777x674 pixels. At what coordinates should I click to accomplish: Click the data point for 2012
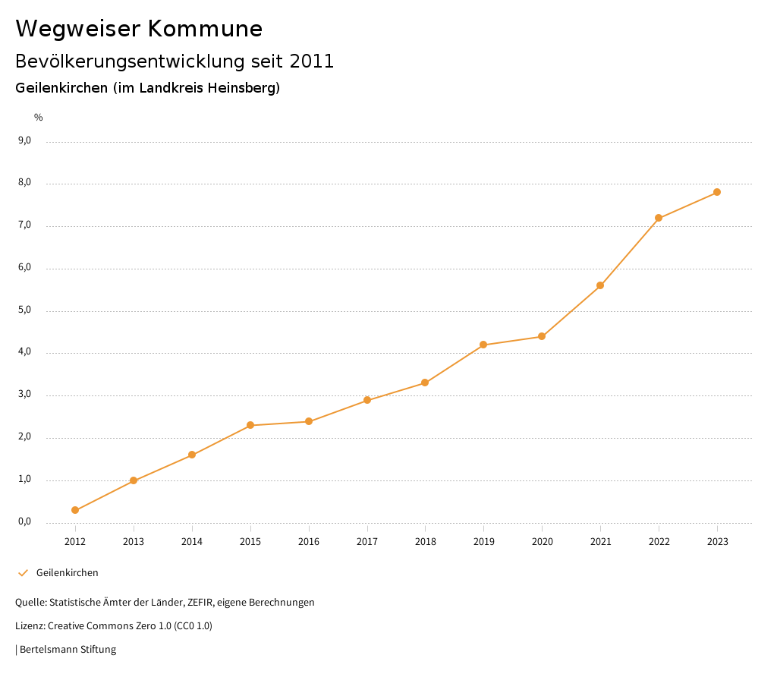coord(75,510)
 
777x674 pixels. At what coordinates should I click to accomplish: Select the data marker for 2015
coord(250,425)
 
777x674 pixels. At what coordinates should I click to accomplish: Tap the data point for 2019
coord(483,345)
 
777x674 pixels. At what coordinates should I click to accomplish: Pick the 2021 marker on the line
coord(600,285)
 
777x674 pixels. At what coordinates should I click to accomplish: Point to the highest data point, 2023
coord(717,192)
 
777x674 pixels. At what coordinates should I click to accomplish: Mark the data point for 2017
coord(367,400)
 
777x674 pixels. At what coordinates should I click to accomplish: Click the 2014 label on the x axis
coord(192,541)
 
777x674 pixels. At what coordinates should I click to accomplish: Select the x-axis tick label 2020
coord(542,541)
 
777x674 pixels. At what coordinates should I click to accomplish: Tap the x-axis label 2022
coord(659,541)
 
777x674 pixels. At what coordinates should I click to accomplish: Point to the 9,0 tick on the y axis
coord(25,140)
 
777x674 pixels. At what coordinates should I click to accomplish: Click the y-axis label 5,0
coord(25,310)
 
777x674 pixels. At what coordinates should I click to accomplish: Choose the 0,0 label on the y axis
coord(25,521)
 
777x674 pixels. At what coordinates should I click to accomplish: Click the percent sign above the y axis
coord(39,118)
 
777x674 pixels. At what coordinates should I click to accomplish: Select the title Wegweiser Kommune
coord(139,29)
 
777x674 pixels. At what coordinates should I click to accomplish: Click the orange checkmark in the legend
coord(23,573)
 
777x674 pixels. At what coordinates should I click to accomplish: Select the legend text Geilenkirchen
coord(68,573)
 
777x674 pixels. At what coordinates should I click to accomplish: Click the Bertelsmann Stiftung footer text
coord(68,650)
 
